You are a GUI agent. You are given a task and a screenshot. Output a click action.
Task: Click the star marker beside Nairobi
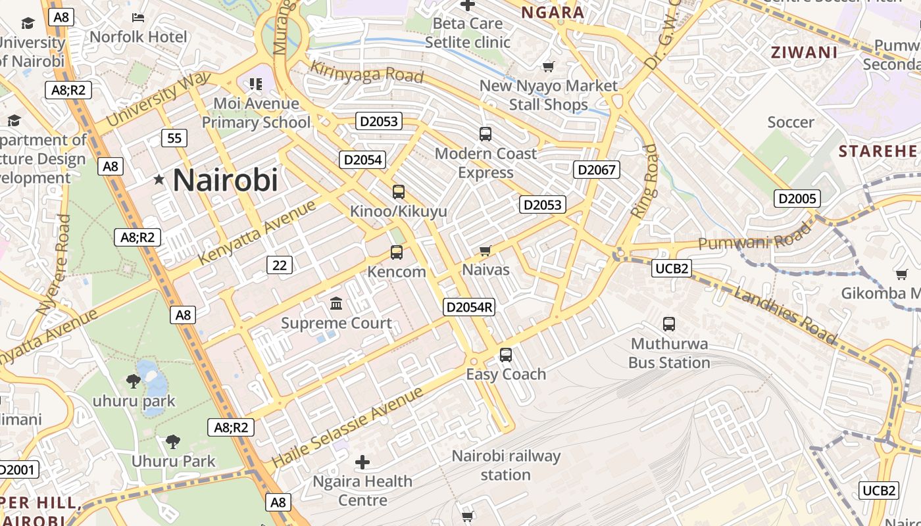tap(159, 179)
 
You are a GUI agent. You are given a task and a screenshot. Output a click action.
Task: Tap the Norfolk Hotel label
tap(138, 36)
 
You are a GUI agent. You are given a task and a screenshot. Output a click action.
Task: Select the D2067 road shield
tap(597, 170)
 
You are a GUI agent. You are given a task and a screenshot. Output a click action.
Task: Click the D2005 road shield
tap(797, 199)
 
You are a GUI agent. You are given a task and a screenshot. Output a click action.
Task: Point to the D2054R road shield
tap(469, 307)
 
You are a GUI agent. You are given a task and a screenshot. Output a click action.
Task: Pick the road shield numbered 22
tap(280, 265)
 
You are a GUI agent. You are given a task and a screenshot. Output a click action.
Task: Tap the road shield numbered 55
tap(174, 138)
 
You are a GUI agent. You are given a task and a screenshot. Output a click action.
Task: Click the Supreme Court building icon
tap(336, 303)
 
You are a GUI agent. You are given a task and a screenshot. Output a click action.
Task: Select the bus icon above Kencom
tap(396, 252)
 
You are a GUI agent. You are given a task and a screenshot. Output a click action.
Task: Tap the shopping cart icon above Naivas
tap(485, 250)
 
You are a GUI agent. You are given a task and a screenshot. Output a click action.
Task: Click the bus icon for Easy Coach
tap(505, 355)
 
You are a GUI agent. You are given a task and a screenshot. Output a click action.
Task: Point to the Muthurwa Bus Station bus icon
tap(669, 323)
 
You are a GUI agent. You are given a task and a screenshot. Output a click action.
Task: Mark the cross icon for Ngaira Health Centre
tap(362, 462)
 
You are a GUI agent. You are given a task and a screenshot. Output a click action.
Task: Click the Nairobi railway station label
tap(505, 465)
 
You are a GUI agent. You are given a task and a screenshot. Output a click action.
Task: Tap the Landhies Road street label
tap(785, 316)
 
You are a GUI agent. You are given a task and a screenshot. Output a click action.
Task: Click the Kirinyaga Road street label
tap(366, 72)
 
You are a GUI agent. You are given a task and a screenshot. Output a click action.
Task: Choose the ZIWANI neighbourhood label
tap(804, 53)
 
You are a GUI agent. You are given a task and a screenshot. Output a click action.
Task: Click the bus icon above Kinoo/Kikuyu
tap(398, 192)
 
